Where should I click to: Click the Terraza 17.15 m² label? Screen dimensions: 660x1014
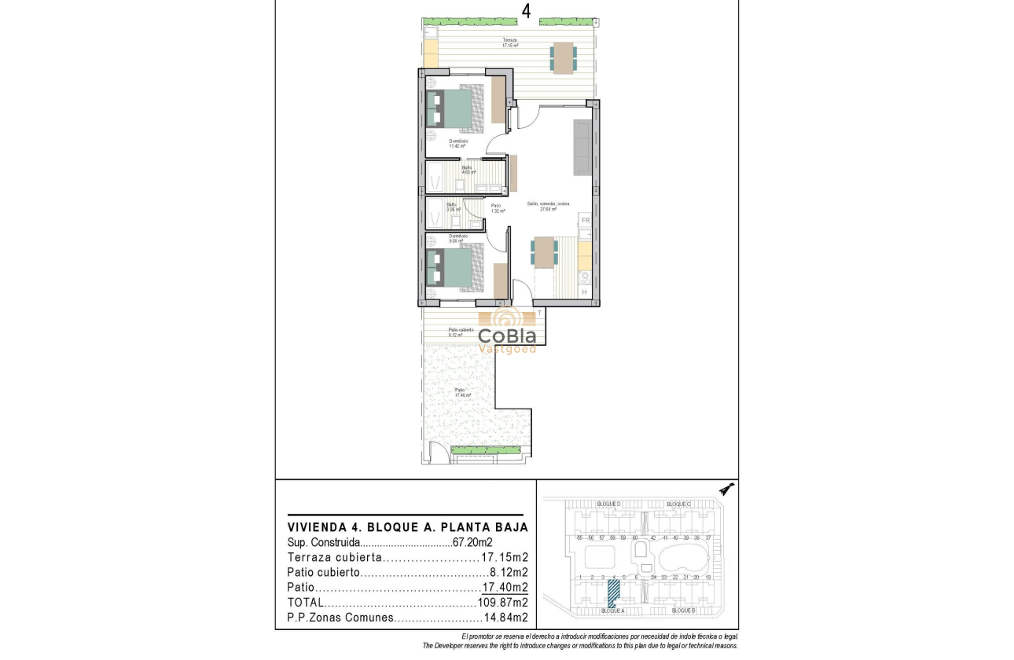(x=511, y=43)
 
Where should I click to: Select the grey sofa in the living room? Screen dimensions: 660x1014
(x=582, y=148)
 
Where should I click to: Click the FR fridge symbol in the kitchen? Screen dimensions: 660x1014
(x=585, y=221)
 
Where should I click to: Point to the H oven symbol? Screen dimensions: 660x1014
(x=584, y=292)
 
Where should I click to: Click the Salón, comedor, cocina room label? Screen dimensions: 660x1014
(x=548, y=206)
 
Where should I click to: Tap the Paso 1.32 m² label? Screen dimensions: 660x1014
(x=497, y=208)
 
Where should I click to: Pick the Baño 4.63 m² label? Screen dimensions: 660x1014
(x=466, y=169)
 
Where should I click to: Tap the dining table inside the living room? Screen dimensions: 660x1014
(x=544, y=253)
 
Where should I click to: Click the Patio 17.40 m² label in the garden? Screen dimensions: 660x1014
(x=459, y=392)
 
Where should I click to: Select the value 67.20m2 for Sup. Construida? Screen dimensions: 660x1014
(x=473, y=542)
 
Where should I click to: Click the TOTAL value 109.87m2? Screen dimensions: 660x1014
(x=502, y=603)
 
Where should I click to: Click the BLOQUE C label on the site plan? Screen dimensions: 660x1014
(x=678, y=504)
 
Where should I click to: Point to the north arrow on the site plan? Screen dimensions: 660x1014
(x=728, y=488)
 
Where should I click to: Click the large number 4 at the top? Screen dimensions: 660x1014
(x=525, y=11)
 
